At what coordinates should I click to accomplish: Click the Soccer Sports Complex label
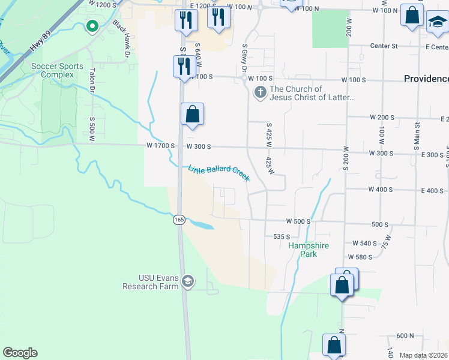click(53, 70)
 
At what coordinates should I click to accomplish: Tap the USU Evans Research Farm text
click(151, 282)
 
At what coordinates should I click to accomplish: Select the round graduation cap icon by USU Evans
click(188, 281)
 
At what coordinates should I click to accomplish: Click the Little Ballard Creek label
click(218, 173)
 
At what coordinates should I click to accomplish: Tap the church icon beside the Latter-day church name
click(260, 92)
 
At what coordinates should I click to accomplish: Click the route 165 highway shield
click(179, 220)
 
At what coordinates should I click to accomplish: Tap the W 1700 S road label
click(160, 146)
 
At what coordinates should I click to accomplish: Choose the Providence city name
click(426, 79)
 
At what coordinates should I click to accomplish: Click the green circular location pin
click(92, 26)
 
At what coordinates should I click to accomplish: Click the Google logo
click(20, 353)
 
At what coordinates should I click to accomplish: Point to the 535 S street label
click(282, 237)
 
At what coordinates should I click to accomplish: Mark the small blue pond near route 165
click(201, 225)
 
